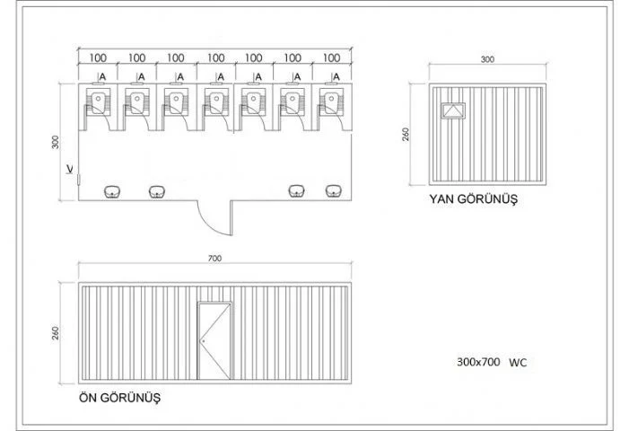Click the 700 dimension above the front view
pyautogui.click(x=214, y=259)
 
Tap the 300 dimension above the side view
pyautogui.click(x=487, y=59)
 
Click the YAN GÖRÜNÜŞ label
pyautogui.click(x=474, y=199)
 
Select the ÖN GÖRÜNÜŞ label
pyautogui.click(x=119, y=398)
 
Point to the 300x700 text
pyautogui.click(x=478, y=362)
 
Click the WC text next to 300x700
pyautogui.click(x=518, y=363)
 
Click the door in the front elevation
pyautogui.click(x=214, y=340)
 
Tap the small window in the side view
pyautogui.click(x=453, y=110)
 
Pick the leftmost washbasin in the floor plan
pyautogui.click(x=112, y=191)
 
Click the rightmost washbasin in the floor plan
pyautogui.click(x=334, y=191)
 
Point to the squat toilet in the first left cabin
pyautogui.click(x=98, y=101)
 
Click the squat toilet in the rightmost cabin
pyautogui.click(x=331, y=102)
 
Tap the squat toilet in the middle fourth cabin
pyautogui.click(x=216, y=102)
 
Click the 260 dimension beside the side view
pyautogui.click(x=406, y=134)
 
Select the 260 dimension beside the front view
pyautogui.click(x=56, y=333)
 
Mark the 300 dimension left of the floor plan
pyautogui.click(x=56, y=142)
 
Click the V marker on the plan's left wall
pyautogui.click(x=70, y=169)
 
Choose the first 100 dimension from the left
pyautogui.click(x=98, y=57)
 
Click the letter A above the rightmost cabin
pyautogui.click(x=336, y=76)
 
